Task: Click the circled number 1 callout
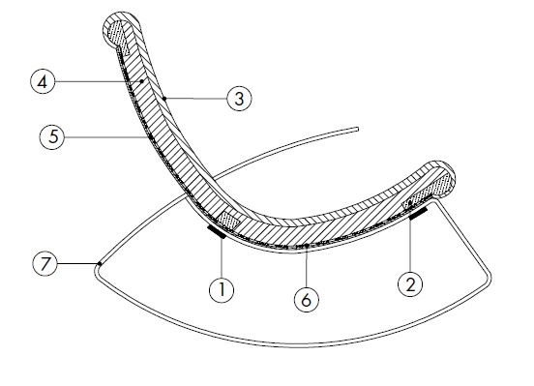(x=222, y=287)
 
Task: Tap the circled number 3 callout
(x=238, y=99)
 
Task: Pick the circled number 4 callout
(x=42, y=83)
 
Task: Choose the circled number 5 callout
(x=51, y=138)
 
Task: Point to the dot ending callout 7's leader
(x=99, y=262)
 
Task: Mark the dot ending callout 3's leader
(x=165, y=98)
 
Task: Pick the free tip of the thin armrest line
(x=358, y=126)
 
